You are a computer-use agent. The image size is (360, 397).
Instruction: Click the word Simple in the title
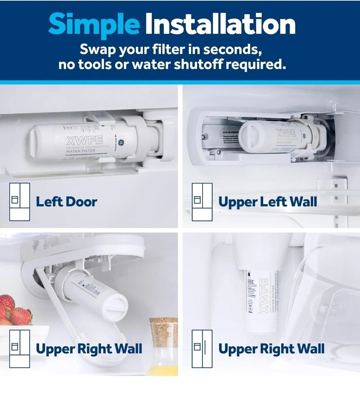pos(94,24)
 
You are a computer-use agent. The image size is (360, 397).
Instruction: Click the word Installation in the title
pos(220,24)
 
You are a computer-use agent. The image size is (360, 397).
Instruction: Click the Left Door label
pos(66,202)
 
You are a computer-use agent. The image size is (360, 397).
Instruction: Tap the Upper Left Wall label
pos(267,202)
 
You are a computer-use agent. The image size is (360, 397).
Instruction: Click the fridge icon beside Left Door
pos(19,202)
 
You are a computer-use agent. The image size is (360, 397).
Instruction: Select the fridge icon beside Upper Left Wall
pos(202,202)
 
